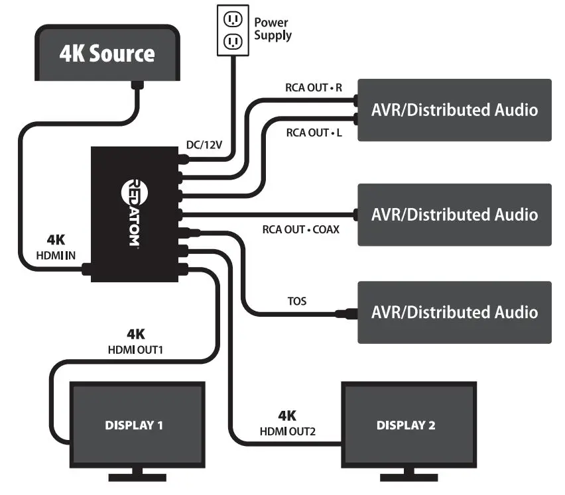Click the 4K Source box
coord(107,53)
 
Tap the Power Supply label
coord(273,28)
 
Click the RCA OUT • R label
coord(314,87)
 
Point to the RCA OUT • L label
coord(314,133)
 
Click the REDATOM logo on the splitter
coord(131,213)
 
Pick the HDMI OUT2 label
coord(287,431)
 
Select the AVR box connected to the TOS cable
coord(454,312)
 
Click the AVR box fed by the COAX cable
coord(454,215)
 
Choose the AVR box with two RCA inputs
coord(454,110)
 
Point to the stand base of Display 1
coord(137,476)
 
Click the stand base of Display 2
coord(408,476)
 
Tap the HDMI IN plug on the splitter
coord(86,269)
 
